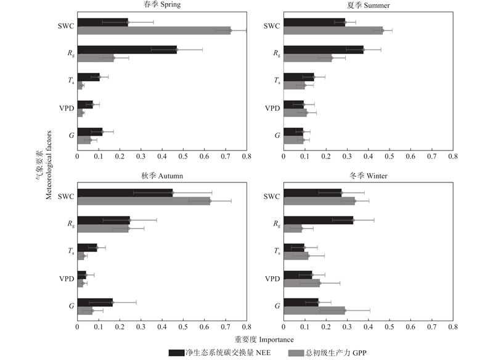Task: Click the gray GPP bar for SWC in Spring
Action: point(154,30)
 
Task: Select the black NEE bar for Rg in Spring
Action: point(127,50)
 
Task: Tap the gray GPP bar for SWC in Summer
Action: point(333,30)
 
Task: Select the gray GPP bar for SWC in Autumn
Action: point(144,200)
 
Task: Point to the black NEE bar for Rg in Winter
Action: point(318,220)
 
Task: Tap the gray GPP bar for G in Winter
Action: point(314,310)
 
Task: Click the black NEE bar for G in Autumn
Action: point(95,302)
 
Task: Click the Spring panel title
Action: point(162,5)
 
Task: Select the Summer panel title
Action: point(368,5)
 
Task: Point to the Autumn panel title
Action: point(162,176)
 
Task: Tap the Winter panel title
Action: point(368,176)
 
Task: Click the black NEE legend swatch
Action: point(176,352)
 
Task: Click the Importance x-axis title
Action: point(264,339)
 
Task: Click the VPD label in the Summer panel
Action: point(272,108)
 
